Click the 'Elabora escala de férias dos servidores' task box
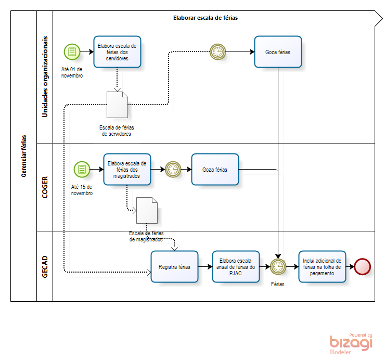pos(118,52)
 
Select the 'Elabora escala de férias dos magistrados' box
pos(127,169)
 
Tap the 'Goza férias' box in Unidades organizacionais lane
pos(278,52)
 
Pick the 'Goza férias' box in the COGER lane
pos(215,169)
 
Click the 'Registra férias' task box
pos(174,266)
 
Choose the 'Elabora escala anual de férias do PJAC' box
pos(236,266)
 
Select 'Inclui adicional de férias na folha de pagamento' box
pos(322,266)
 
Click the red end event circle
pos(362,266)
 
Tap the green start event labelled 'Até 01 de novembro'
pos(72,52)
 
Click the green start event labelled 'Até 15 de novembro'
pos(82,169)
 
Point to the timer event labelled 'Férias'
pos(278,266)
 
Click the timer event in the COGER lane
pos(173,169)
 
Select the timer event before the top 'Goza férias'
pos(217,52)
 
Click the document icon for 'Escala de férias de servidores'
pos(117,104)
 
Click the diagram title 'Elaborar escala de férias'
pos(206,18)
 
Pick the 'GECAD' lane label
pos(45,266)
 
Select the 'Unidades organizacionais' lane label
pos(45,76)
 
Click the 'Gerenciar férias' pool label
pos(24,156)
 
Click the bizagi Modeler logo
pos(351,343)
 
